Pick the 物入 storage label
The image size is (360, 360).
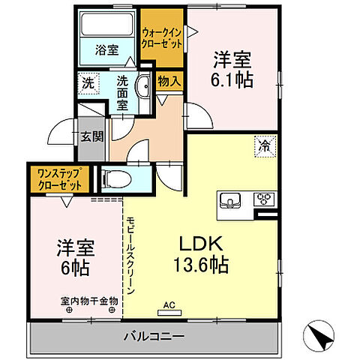pyautogui.click(x=169, y=82)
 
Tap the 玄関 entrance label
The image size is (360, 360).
pyautogui.click(x=92, y=137)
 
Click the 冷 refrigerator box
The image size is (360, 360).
pyautogui.click(x=265, y=145)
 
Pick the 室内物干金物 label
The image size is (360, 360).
pyautogui.click(x=89, y=301)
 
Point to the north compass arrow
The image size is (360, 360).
pyautogui.click(x=321, y=334)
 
